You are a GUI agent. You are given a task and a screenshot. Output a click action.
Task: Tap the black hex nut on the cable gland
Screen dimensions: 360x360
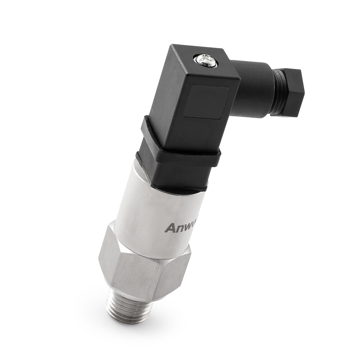coord(290,92)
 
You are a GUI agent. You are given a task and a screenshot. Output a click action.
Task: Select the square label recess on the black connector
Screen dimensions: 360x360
coord(206,101)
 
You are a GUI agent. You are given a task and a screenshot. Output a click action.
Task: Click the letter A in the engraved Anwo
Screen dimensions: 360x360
coord(169,228)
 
